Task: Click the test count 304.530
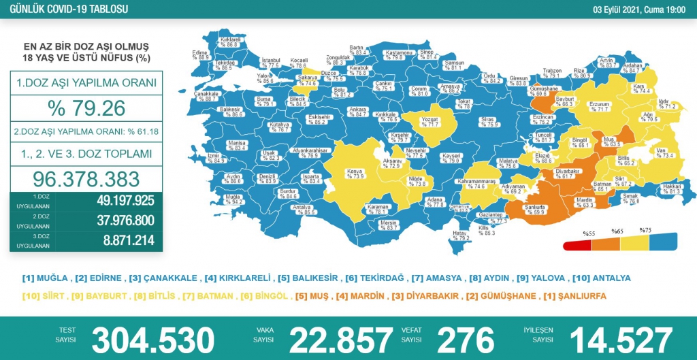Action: click(x=153, y=339)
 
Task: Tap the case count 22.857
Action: click(x=341, y=339)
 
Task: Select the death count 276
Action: click(x=466, y=339)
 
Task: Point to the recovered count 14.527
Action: click(x=621, y=339)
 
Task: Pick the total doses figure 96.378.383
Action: click(x=86, y=178)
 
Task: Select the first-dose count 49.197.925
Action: click(x=116, y=201)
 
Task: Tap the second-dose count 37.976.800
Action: click(x=116, y=220)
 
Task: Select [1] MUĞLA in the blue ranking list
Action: click(x=46, y=278)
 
